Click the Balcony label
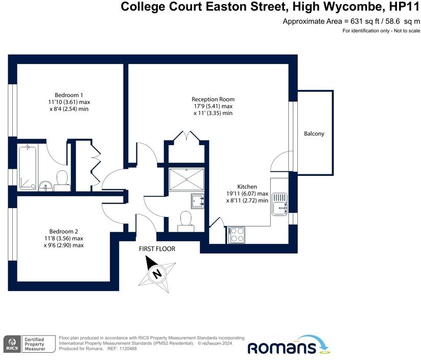[x=314, y=134]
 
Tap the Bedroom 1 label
[x=69, y=95]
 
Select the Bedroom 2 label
[x=63, y=231]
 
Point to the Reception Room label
[x=213, y=99]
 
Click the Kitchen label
[x=247, y=187]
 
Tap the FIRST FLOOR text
[x=157, y=249]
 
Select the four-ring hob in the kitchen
[x=237, y=234]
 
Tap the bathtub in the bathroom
[x=27, y=167]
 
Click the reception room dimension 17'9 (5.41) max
[x=213, y=106]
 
